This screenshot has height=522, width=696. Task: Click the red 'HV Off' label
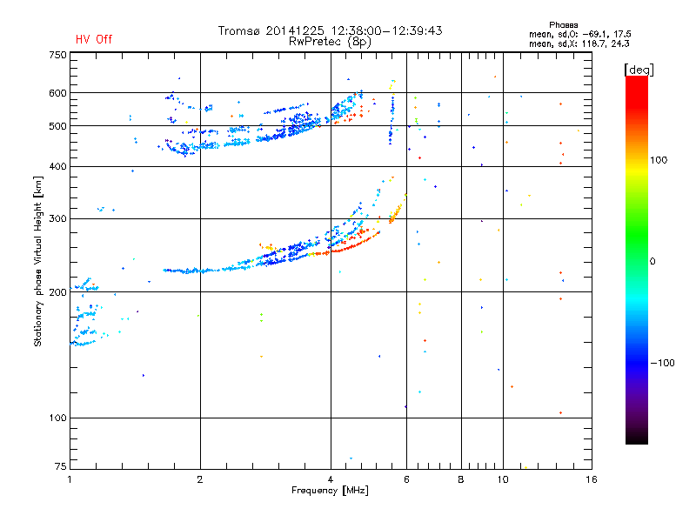pos(93,39)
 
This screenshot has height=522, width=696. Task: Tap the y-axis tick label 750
pos(57,55)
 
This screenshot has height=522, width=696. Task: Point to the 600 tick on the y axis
pos(57,93)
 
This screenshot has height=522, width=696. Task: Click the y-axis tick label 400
pos(57,166)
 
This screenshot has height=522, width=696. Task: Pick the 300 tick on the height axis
pos(57,219)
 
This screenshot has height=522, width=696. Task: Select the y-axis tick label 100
pos(57,418)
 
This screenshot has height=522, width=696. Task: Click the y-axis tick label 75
pos(60,467)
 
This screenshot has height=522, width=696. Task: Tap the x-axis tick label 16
pos(591,478)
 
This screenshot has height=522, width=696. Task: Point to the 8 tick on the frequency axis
pos(461,478)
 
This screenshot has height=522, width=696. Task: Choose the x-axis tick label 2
pos(200,478)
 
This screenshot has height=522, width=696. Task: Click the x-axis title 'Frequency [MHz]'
pos(330,491)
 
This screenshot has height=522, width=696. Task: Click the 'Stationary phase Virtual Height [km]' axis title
pos(38,261)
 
